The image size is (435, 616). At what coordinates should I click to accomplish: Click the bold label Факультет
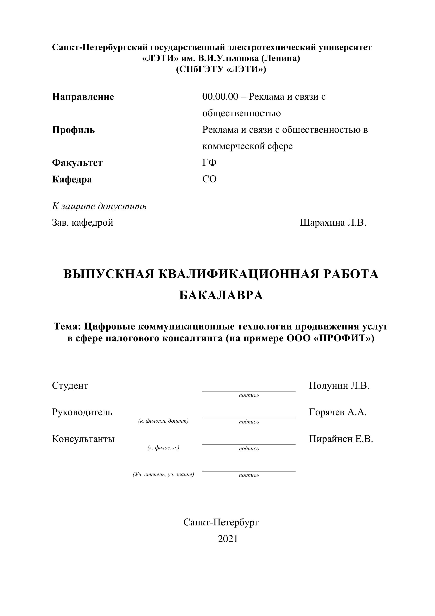pos(77,163)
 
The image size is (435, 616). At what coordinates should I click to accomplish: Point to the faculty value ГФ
pos(209,163)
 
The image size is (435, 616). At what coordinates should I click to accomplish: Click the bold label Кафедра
pos(72,179)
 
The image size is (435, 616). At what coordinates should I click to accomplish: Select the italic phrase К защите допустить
pos(99,206)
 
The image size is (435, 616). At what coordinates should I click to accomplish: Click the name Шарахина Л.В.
pos(333,222)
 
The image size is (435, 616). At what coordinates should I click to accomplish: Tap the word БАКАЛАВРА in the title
pos(221,295)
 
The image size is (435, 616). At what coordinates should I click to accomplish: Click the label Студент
pos(70,386)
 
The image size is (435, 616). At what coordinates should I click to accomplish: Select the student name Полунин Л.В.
pos(339,386)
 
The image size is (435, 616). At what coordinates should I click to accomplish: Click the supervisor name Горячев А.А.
pos(338,412)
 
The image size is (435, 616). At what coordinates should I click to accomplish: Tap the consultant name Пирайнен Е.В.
pos(341,439)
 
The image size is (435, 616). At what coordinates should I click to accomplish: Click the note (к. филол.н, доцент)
pos(163,421)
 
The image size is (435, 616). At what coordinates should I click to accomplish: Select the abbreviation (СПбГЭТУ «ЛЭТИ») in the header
pos(221,69)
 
